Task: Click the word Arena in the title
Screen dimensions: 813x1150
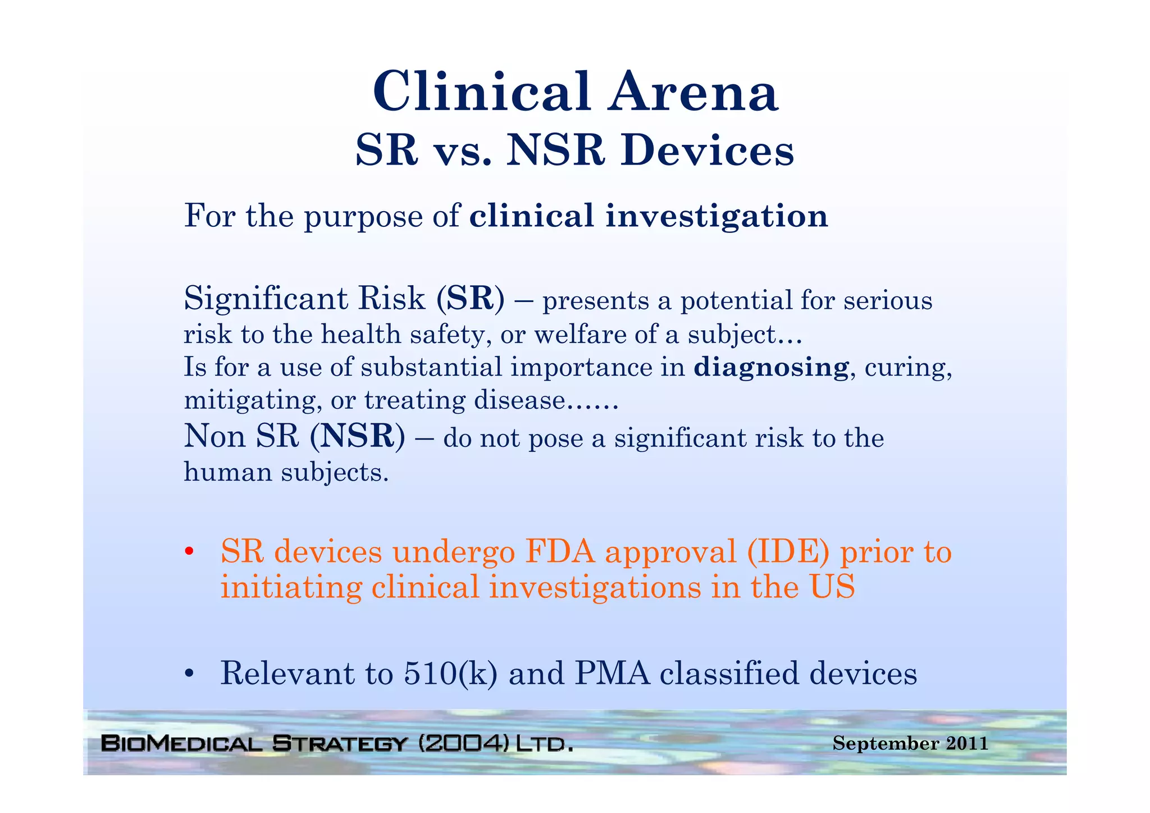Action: click(694, 92)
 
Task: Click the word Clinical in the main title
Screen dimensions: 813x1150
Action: click(482, 92)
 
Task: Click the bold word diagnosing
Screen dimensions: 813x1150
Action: click(771, 368)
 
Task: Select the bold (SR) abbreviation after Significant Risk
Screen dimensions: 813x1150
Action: click(470, 299)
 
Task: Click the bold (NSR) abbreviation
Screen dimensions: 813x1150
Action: click(357, 436)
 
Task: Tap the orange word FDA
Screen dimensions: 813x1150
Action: click(560, 551)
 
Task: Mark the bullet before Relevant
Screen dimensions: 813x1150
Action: click(190, 673)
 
